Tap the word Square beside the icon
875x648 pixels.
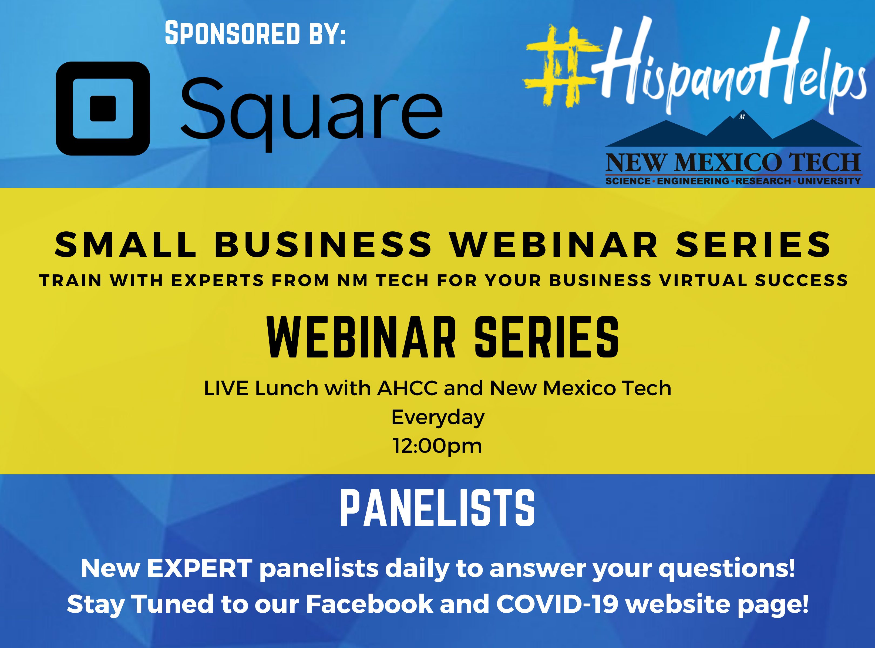coord(312,112)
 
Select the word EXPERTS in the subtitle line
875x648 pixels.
coord(217,281)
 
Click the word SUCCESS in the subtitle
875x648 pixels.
coord(801,281)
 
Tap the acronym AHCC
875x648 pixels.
coord(407,388)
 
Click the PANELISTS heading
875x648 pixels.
coord(437,508)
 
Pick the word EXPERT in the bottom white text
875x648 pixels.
coord(200,568)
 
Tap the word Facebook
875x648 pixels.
coord(370,604)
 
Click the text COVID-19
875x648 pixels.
coord(557,604)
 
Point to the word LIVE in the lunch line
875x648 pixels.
coord(226,388)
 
